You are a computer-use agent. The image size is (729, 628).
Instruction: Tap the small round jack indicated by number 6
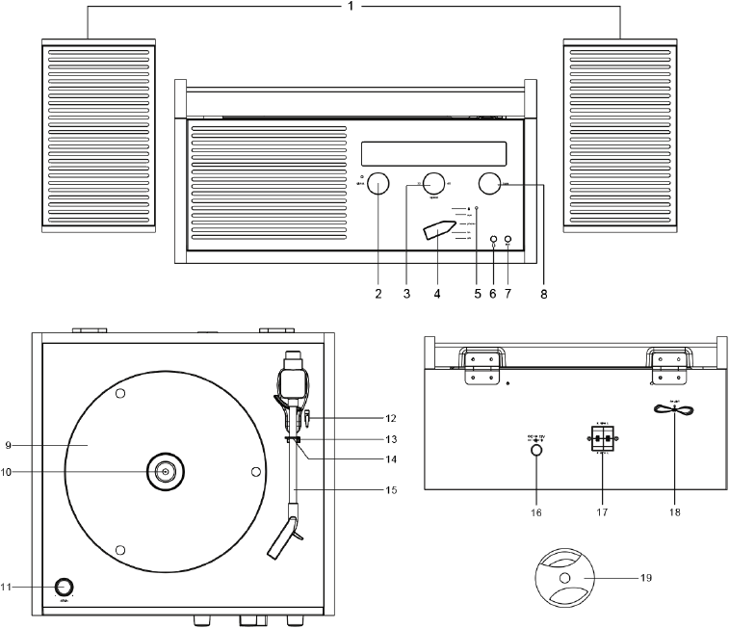[493, 241]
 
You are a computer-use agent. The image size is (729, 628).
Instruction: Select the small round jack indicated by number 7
[508, 241]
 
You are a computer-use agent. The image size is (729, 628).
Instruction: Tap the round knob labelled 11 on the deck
[65, 586]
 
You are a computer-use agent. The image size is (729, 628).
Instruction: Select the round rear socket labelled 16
[536, 448]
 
